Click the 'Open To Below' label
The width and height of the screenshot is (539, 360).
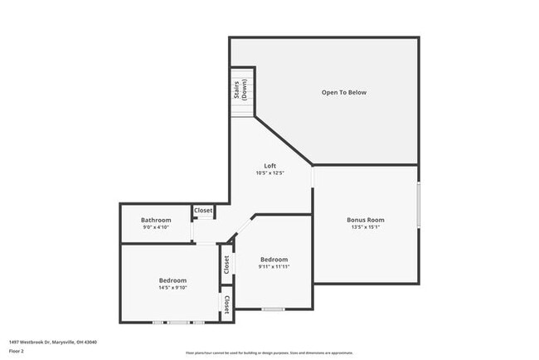tap(343, 92)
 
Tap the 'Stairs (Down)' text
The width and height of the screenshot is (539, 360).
tap(241, 89)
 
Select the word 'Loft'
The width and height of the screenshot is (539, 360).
tap(269, 166)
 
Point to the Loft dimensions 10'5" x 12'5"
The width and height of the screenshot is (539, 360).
tap(269, 173)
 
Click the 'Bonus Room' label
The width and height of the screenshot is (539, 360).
tap(365, 220)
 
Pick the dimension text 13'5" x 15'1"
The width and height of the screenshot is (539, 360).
tap(365, 227)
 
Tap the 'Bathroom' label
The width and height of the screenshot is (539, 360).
tap(156, 220)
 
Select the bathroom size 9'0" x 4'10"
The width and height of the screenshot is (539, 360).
tap(156, 227)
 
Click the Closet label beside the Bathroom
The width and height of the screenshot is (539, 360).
tap(203, 211)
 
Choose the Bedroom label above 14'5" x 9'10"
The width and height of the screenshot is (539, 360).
tap(172, 280)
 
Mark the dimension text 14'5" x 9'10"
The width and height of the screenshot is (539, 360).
tap(172, 288)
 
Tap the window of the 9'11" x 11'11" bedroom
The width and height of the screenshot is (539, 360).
tap(273, 309)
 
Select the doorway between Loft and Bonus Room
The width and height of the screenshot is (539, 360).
tap(313, 178)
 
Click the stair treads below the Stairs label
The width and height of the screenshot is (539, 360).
tap(241, 111)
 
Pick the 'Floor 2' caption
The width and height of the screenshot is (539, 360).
tap(17, 351)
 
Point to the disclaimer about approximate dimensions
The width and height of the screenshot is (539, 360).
tap(269, 353)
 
